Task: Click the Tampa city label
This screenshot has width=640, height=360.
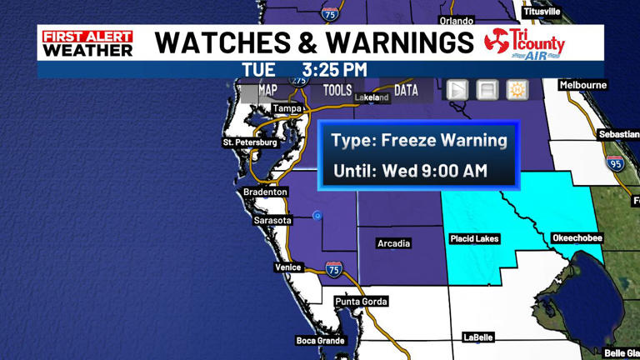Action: [x=286, y=108]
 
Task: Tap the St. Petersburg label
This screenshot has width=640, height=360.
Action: [x=249, y=142]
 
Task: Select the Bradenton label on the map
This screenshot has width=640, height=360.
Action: [x=265, y=192]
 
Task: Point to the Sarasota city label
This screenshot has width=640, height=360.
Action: [x=272, y=220]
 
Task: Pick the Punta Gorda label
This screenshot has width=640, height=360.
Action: [x=361, y=301]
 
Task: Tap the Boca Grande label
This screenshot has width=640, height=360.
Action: [x=319, y=340]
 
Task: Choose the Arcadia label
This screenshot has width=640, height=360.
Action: [x=393, y=243]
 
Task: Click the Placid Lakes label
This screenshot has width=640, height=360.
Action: [x=474, y=239]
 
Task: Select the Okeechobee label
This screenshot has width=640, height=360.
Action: [x=577, y=238]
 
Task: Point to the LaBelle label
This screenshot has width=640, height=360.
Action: [x=478, y=337]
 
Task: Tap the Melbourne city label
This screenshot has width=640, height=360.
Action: [x=583, y=85]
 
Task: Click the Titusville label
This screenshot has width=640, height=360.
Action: [x=542, y=12]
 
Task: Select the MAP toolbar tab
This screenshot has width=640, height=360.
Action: [x=267, y=90]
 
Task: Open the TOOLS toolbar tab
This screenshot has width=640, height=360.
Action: [x=337, y=90]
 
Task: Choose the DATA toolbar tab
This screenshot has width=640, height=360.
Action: [x=406, y=90]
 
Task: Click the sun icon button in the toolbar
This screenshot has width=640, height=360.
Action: [x=517, y=90]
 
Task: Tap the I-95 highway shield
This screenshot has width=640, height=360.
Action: [x=615, y=163]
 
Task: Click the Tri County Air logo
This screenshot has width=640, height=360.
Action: [x=525, y=43]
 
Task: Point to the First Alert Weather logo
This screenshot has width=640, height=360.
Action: [x=87, y=43]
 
